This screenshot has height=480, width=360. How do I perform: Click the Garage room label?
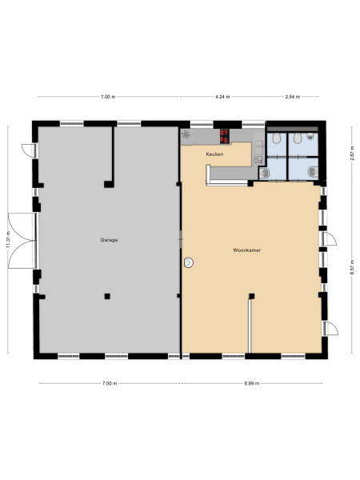click(110, 240)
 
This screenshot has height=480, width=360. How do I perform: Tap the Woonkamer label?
click(248, 250)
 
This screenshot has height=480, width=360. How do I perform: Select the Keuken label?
click(214, 153)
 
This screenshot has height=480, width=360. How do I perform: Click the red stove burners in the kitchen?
click(225, 135)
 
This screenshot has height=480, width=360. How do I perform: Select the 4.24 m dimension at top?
click(223, 97)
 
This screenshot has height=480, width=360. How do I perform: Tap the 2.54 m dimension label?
click(293, 97)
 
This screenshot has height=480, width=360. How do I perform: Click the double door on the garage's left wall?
click(22, 238)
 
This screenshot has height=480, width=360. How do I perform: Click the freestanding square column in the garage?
click(106, 296)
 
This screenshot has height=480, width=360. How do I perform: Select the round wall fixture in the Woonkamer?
click(189, 262)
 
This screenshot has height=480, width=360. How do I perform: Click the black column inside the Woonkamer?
click(251, 296)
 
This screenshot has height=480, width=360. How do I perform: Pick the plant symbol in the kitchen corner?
click(186, 134)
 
